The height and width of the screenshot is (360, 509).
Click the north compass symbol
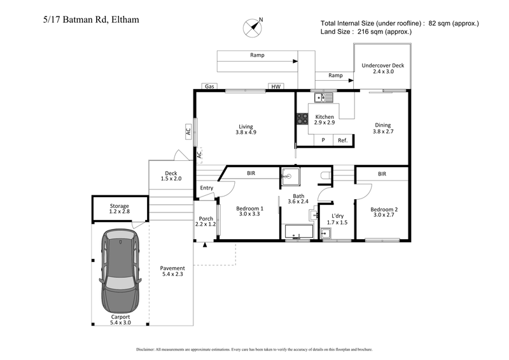[253, 27]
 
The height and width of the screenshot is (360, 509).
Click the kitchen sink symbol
[323, 97]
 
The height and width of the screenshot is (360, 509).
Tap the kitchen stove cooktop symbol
[302, 119]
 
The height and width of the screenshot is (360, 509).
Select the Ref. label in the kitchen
[342, 140]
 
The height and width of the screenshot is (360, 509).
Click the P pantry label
[323, 140]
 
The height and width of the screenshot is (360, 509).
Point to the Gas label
[208, 87]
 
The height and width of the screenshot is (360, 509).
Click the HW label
[275, 87]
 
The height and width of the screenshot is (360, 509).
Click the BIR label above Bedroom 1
[251, 173]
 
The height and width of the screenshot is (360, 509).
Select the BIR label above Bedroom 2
[382, 173]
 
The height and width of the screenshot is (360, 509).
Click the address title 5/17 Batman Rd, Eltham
[87, 20]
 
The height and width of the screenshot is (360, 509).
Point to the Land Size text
[366, 31]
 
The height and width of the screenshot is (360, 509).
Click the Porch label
[204, 221]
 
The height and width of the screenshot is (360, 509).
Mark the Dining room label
[382, 129]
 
